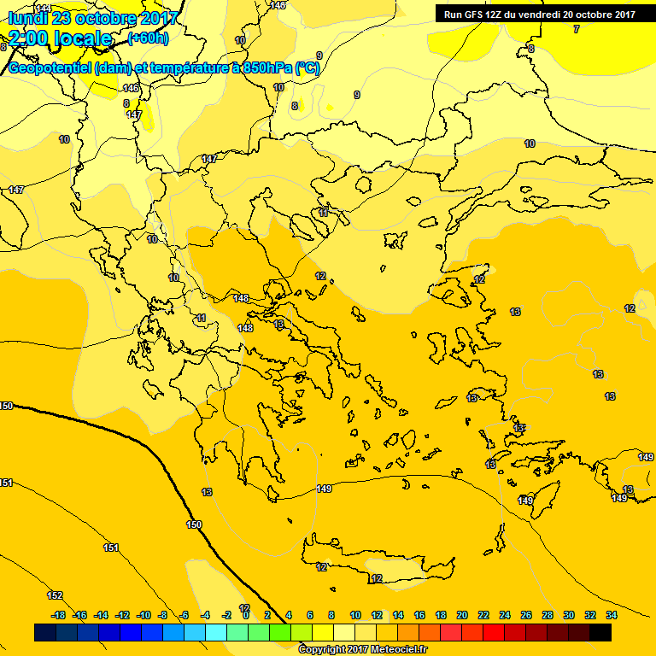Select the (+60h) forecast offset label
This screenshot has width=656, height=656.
coord(148,38)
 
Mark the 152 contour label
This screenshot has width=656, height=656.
coord(55,595)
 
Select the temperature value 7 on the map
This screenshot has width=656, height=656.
coord(576,29)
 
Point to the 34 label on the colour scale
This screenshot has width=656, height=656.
coord(612,615)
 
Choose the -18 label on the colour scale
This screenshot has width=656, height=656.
coord(58,615)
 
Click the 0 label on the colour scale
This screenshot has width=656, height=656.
coord(246,615)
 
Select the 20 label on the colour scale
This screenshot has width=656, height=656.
coord(462,615)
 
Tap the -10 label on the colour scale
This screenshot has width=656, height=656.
coord(143,615)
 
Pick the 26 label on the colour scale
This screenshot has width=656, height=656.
coord(526,615)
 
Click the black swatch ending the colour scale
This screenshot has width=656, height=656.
coord(600,632)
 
